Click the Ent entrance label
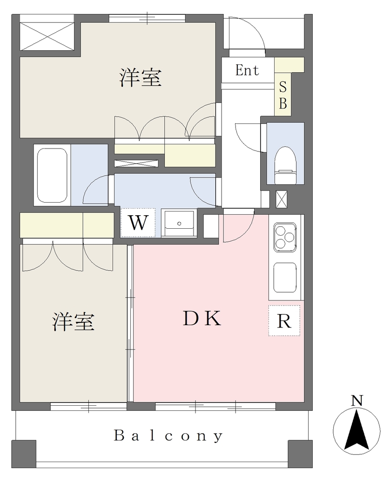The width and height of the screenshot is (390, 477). coord(247,70)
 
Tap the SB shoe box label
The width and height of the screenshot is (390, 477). coord(282,95)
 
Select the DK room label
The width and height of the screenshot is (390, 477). coord(202,319)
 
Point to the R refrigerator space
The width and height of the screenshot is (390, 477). coord(284,320)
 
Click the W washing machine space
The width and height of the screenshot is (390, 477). coord(138,223)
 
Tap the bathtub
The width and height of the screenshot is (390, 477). coord(52,175)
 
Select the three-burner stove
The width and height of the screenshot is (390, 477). coord(285,237)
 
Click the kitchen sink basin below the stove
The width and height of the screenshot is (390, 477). coord(285,277)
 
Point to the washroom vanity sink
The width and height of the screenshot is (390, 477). coord(179,223)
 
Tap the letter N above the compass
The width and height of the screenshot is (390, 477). coord(357,400)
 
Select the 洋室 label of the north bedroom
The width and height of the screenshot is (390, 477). coord(140,78)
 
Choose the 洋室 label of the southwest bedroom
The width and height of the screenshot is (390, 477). coord(73,321)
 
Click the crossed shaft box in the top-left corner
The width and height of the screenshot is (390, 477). coord(47,36)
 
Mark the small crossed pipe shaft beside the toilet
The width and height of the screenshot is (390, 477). coord(281,199)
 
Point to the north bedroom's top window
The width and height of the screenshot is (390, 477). coord(147,18)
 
